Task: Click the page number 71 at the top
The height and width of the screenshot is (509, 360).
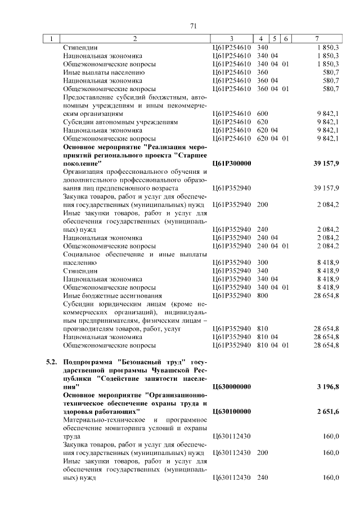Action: click(192, 25)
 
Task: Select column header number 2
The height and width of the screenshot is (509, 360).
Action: click(135, 39)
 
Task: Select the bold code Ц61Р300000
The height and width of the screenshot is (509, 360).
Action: click(231, 163)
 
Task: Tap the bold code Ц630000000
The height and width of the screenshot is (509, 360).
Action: click(231, 387)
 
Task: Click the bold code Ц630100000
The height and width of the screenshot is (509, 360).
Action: click(231, 412)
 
